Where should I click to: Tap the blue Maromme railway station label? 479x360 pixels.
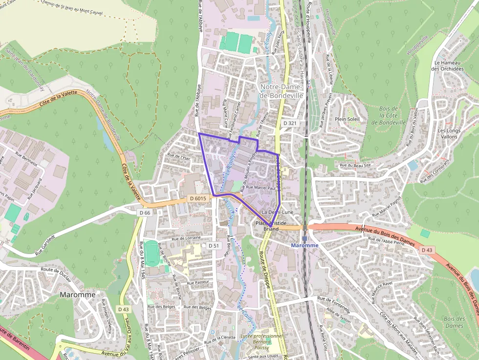pyautogui.click(x=304, y=245)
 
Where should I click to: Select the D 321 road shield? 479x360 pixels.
pyautogui.click(x=290, y=123)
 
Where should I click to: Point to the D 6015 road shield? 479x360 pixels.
pyautogui.click(x=199, y=198)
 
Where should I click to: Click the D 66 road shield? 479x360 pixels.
pyautogui.click(x=144, y=212)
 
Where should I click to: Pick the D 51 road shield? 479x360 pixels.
pyautogui.click(x=213, y=245)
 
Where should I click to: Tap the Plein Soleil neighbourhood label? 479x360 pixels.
pyautogui.click(x=347, y=119)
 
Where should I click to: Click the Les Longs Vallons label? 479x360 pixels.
pyautogui.click(x=447, y=134)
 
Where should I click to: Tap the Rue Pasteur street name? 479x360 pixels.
pyautogui.click(x=198, y=282)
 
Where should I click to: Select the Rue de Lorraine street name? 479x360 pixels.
pyautogui.click(x=187, y=237)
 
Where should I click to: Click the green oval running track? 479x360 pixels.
pyautogui.click(x=152, y=253)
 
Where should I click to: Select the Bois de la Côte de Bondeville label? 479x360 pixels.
pyautogui.click(x=389, y=115)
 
